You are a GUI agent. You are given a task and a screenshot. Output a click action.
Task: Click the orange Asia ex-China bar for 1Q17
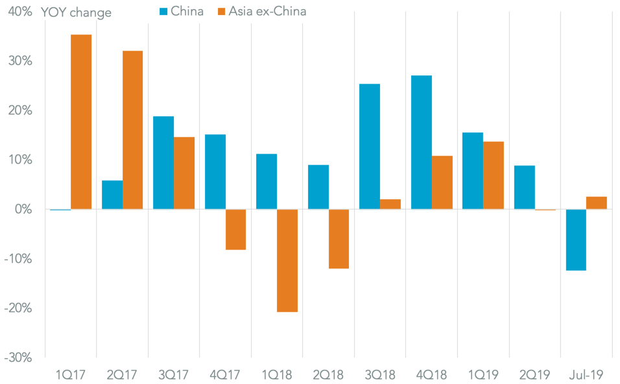point(81,122)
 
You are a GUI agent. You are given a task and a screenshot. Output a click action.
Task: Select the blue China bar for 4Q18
point(422,142)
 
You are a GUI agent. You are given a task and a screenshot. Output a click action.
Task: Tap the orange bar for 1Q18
point(287,260)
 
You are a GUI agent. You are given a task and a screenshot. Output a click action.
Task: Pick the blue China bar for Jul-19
point(576,239)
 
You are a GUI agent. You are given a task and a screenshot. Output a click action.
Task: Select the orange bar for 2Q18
point(339,239)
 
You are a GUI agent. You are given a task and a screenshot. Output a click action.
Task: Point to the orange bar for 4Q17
point(235,229)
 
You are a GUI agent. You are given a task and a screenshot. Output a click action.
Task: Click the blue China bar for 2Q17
point(112,195)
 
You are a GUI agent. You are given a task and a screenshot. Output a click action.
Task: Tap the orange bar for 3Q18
point(390,204)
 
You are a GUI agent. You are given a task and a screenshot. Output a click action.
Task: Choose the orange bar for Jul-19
point(597,202)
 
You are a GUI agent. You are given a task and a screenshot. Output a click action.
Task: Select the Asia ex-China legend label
point(267,11)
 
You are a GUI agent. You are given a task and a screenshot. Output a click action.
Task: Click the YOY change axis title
point(76,12)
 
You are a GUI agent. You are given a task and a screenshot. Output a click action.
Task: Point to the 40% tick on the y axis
point(19,12)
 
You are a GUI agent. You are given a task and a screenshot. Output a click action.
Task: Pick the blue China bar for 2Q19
point(524,187)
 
